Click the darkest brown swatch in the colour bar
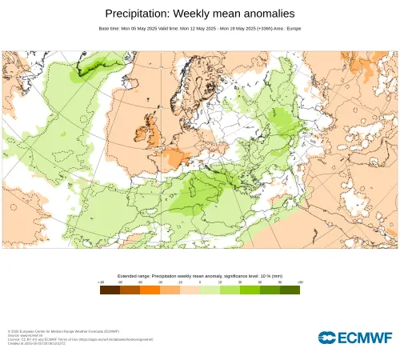(110, 290)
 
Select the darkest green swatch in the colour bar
(290, 290)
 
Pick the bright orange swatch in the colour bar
(150, 290)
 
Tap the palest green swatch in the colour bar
(210, 290)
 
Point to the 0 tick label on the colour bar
(200, 282)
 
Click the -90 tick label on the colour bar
(101, 282)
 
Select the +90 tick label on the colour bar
(299, 282)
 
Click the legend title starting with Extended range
(199, 275)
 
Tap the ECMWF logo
(354, 338)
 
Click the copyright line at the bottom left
(63, 330)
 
